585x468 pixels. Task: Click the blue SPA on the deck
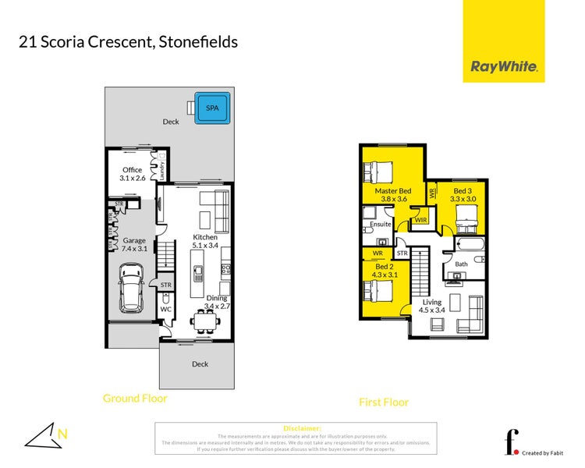coord(212,108)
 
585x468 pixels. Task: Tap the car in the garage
coord(131,286)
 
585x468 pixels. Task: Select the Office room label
coord(131,174)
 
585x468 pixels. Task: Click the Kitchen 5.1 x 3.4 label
coord(205,242)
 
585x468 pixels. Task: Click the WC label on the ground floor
coord(165,309)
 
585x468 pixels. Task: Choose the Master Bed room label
coord(393,195)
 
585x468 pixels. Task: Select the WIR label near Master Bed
coord(421,221)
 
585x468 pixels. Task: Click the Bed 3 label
coord(463,194)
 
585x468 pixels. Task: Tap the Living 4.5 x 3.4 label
coord(432,306)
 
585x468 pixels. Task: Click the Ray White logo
coord(503,67)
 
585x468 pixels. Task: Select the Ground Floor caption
coord(135,399)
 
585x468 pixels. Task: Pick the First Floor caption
coord(384,402)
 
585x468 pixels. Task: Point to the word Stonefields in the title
coord(198,41)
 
